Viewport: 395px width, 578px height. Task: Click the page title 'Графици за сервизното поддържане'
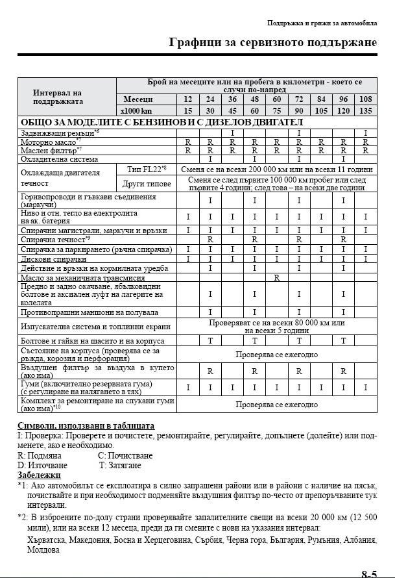(x=272, y=43)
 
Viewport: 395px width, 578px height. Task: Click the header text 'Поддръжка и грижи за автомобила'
(x=322, y=22)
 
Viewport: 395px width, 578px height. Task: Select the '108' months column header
(x=366, y=99)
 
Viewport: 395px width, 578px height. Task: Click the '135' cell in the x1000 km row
(x=366, y=110)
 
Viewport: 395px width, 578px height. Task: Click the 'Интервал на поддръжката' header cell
(x=66, y=96)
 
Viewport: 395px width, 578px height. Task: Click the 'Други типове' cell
(x=146, y=183)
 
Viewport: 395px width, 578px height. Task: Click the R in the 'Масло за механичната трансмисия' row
(x=277, y=277)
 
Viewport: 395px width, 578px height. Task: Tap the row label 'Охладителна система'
(x=59, y=158)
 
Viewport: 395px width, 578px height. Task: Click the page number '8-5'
(x=370, y=573)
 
